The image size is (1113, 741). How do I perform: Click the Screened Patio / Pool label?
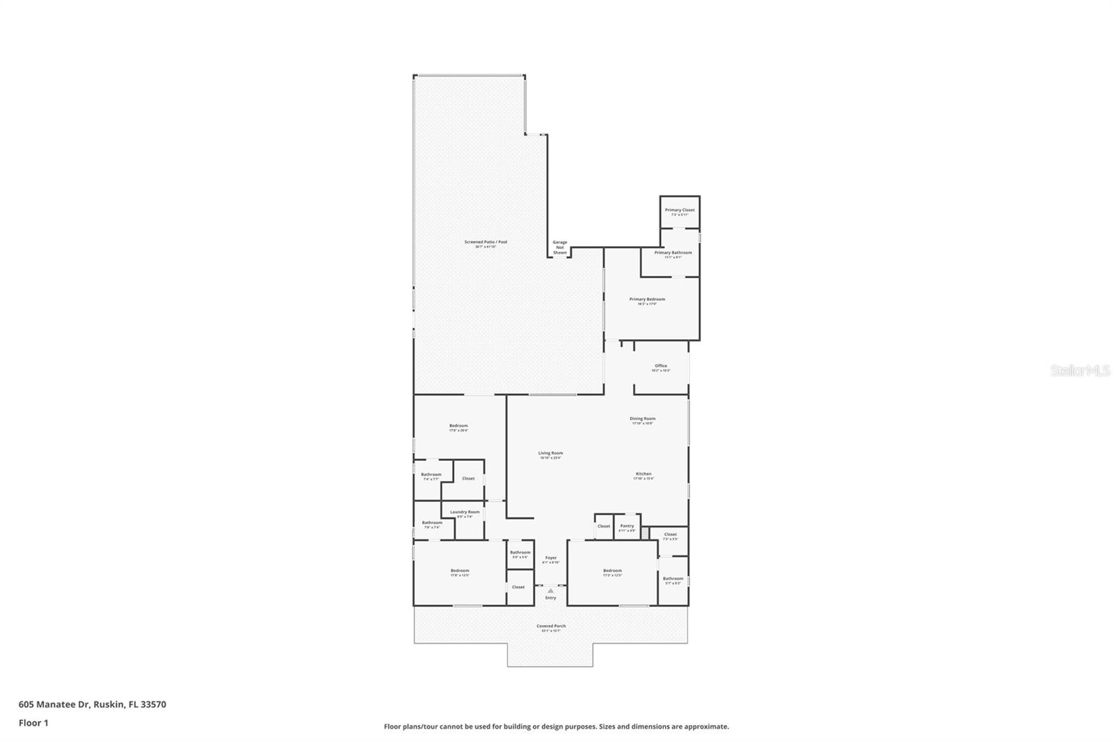[486, 242]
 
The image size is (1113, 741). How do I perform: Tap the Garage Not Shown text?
[560, 247]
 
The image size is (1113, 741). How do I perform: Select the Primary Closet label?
[680, 210]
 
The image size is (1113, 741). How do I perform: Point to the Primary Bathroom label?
[673, 253]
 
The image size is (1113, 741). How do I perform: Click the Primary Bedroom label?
[647, 300]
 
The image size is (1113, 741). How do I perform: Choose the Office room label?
[661, 366]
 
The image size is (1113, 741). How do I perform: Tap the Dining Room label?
[643, 419]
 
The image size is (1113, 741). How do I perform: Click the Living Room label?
[550, 453]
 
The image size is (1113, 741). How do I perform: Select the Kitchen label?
[643, 474]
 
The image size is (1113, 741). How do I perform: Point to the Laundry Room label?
[465, 512]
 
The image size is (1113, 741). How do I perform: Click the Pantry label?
[627, 526]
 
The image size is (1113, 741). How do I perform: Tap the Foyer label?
[551, 557]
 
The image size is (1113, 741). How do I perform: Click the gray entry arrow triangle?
[551, 591]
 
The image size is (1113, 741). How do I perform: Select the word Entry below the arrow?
[551, 598]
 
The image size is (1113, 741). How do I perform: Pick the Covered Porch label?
[551, 626]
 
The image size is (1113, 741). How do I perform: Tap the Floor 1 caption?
[33, 723]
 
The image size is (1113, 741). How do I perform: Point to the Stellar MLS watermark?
[1080, 371]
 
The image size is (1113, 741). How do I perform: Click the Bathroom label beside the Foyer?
[520, 553]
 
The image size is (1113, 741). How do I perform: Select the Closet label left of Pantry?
[604, 526]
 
